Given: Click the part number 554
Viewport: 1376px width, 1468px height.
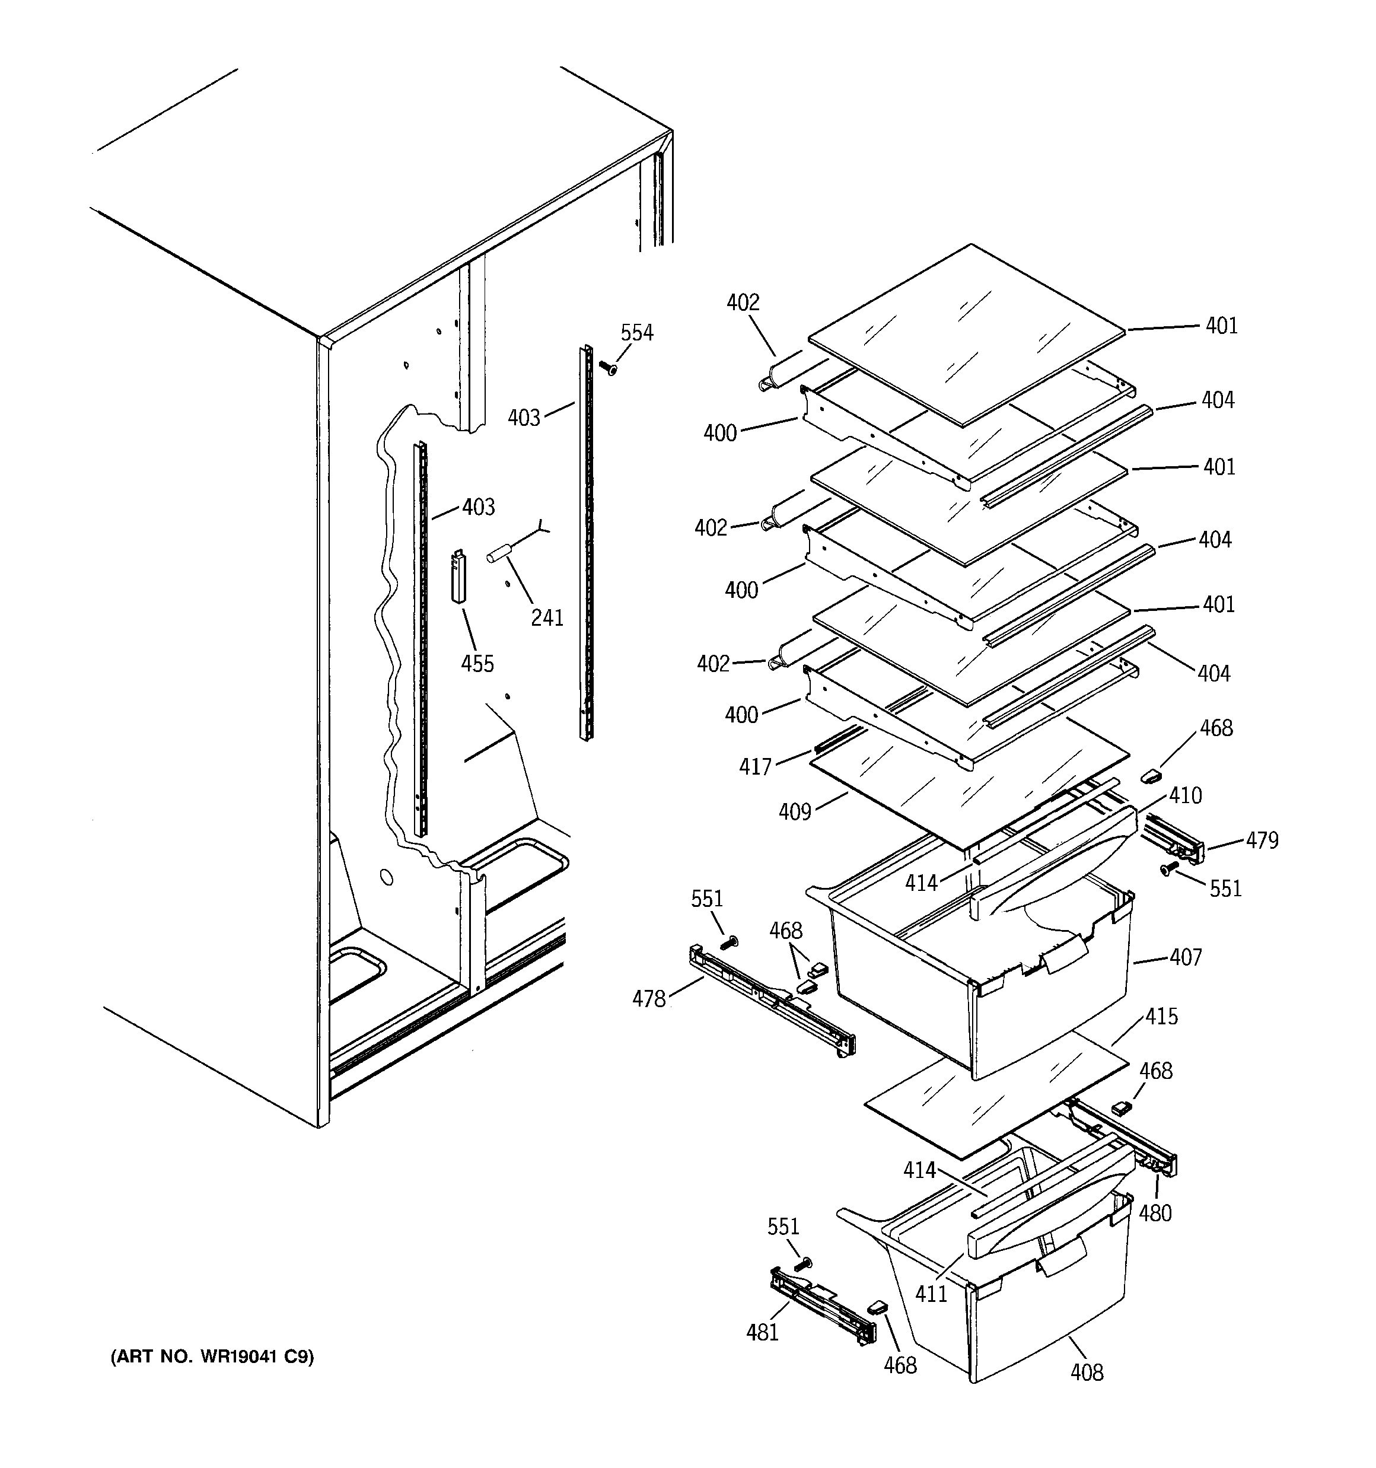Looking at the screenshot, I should tap(636, 333).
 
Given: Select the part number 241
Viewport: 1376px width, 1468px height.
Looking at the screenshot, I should tap(547, 617).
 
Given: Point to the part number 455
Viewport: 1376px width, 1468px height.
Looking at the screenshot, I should tap(477, 663).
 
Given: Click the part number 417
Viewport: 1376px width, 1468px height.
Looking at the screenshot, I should tap(755, 766).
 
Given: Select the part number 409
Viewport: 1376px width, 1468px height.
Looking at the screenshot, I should tap(795, 812).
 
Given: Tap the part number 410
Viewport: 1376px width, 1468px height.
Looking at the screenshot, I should tap(1186, 795).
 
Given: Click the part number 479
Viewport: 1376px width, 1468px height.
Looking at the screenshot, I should tap(1262, 840).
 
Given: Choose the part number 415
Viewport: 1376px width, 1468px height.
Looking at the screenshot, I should tap(1162, 1016).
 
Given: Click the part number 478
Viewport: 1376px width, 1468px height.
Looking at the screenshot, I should tap(648, 999).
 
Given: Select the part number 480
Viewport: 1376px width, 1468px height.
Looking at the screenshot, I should tap(1155, 1212).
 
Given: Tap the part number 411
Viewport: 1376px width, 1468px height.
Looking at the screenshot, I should tap(931, 1294).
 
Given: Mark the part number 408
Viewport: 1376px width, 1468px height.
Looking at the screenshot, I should tap(1087, 1372).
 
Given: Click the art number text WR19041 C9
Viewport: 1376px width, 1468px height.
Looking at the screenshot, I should tap(212, 1357).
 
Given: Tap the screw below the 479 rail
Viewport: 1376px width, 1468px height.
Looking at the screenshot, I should tap(1168, 870).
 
